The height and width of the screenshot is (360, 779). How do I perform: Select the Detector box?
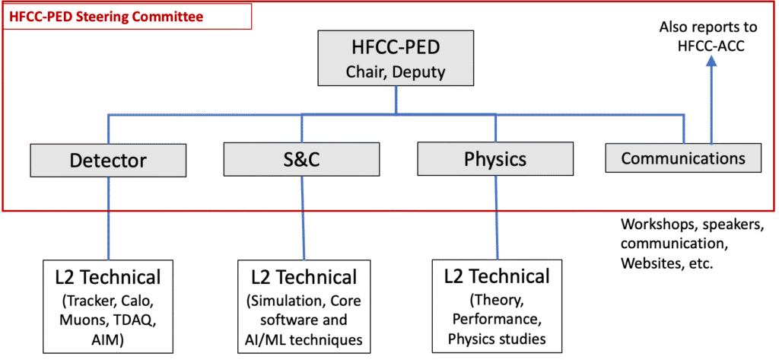[x=108, y=160]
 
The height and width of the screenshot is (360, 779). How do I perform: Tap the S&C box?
[x=301, y=160]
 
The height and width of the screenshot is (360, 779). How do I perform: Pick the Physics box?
[x=495, y=159]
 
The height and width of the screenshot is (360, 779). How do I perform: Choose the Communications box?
[x=683, y=158]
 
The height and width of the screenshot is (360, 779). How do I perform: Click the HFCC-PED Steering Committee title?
[x=107, y=16]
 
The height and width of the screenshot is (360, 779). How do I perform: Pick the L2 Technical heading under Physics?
[x=496, y=276]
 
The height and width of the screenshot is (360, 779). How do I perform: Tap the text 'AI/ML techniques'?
[x=303, y=339]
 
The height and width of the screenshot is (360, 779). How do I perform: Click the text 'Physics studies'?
[x=496, y=339]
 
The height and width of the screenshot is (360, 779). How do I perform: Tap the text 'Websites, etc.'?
[x=667, y=263]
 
